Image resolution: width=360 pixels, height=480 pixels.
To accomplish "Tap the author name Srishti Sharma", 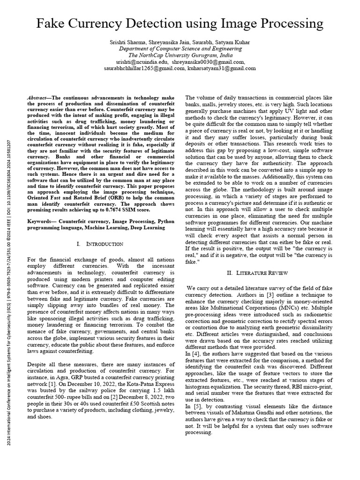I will pos(124,42).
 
